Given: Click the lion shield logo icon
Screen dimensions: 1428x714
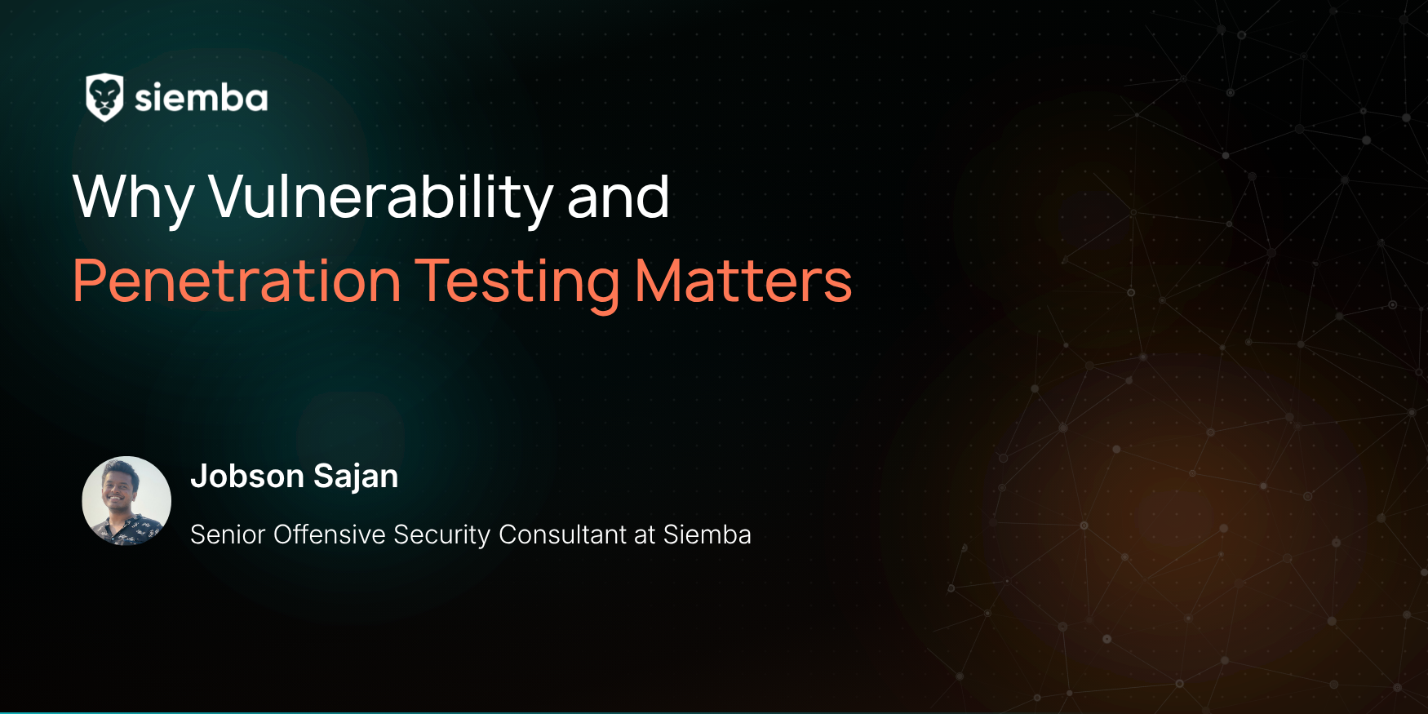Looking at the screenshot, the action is [x=104, y=98].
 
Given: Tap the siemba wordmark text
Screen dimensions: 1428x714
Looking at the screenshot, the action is [x=201, y=98].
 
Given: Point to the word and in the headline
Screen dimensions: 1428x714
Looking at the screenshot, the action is [x=619, y=197].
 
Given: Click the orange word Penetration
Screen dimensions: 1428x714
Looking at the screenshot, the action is [x=237, y=281].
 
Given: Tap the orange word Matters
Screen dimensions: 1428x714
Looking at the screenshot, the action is [x=743, y=282].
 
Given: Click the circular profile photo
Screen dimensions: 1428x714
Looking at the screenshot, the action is [x=126, y=500].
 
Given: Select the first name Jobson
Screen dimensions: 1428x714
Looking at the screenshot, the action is [x=247, y=476].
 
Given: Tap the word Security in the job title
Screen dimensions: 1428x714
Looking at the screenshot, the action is [x=442, y=535].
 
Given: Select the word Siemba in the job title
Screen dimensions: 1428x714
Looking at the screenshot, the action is [x=707, y=534].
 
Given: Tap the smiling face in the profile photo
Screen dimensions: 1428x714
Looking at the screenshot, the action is [x=118, y=488].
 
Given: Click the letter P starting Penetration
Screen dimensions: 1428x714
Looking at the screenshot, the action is [x=89, y=281].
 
